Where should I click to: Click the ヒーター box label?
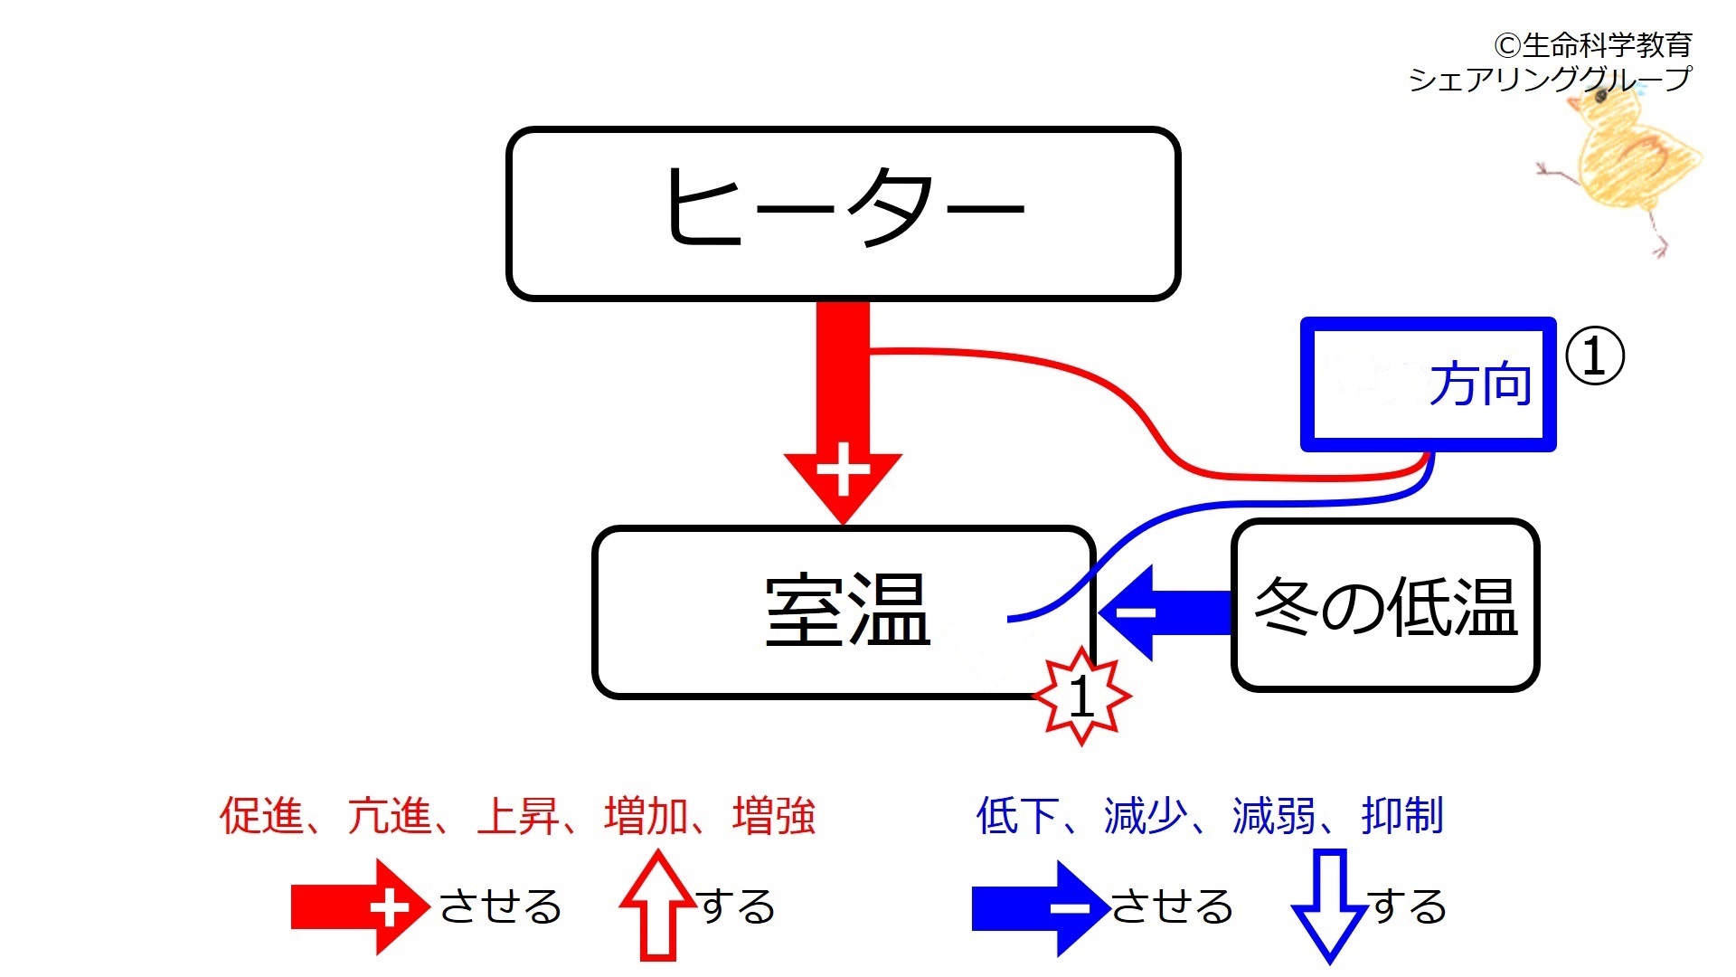[x=844, y=206]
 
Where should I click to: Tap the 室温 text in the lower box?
[x=848, y=610]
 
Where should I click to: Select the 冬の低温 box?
[x=1385, y=605]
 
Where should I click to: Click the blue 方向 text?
[x=1481, y=384]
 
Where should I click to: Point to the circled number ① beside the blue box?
[x=1594, y=356]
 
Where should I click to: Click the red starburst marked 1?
[x=1081, y=696]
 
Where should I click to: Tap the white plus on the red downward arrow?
[x=843, y=470]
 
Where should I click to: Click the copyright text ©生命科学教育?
[x=1592, y=44]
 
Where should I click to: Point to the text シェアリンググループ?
[x=1549, y=80]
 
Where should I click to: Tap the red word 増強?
[x=774, y=815]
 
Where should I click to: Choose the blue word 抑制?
[x=1402, y=815]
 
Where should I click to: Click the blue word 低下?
[x=1018, y=815]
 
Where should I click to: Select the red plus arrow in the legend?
[x=360, y=907]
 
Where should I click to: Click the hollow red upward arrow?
[x=658, y=906]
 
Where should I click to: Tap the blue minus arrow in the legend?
[x=1041, y=908]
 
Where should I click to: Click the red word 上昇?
[x=518, y=815]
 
